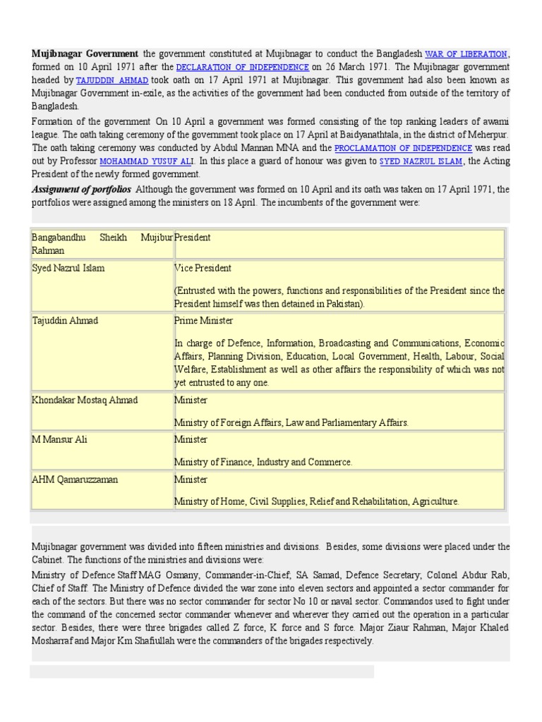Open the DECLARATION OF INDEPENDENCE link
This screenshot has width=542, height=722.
pyautogui.click(x=242, y=67)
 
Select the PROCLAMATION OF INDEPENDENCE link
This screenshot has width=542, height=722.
pyautogui.click(x=403, y=148)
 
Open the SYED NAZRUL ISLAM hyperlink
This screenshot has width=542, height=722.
pyautogui.click(x=421, y=161)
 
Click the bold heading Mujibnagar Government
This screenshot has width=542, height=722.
pyautogui.click(x=85, y=54)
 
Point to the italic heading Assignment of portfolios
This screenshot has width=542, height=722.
pyautogui.click(x=81, y=189)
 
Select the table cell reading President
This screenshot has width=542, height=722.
pyautogui.click(x=193, y=238)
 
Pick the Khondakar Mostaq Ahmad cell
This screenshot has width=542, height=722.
pyautogui.click(x=85, y=400)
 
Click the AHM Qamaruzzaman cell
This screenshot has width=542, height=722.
pyautogui.click(x=75, y=479)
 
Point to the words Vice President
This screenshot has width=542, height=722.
pyautogui.click(x=203, y=269)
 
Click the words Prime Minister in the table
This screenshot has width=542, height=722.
pyautogui.click(x=203, y=321)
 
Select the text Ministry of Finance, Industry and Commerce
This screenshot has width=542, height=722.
pyautogui.click(x=263, y=463)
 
